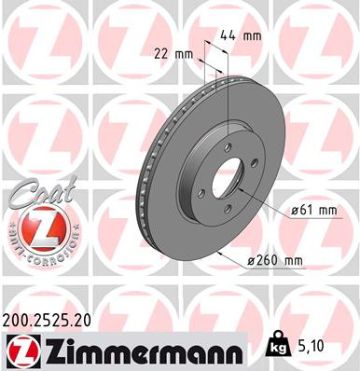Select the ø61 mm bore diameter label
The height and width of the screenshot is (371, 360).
point(313,211)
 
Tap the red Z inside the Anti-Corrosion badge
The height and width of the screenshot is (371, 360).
point(35,229)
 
